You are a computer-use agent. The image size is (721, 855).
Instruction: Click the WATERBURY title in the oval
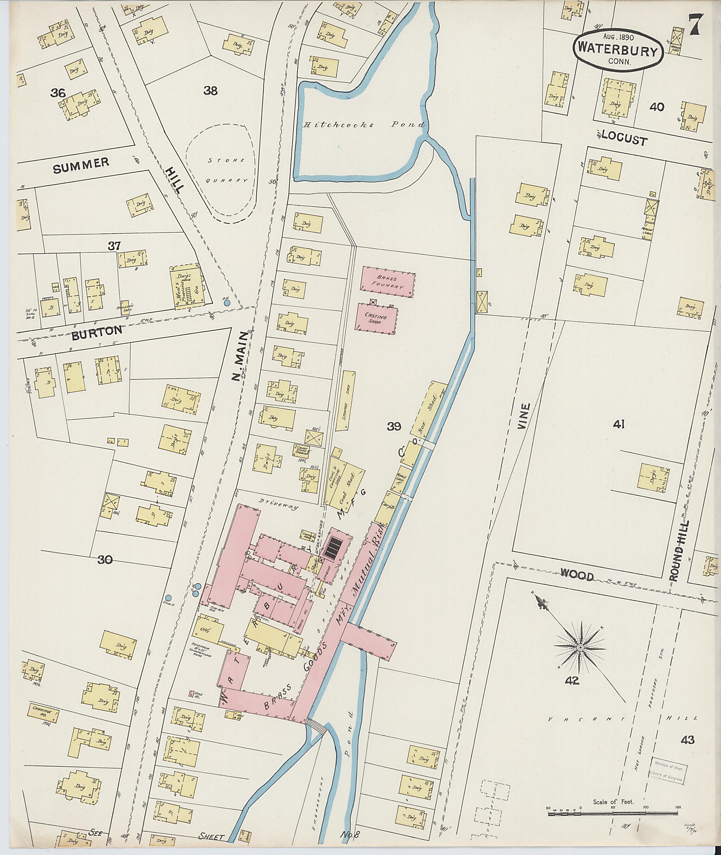pyautogui.click(x=617, y=51)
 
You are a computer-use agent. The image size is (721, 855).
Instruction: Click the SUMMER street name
pyautogui.click(x=81, y=165)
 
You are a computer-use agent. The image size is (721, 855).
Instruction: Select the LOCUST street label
pyautogui.click(x=624, y=140)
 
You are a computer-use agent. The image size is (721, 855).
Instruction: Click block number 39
pyautogui.click(x=394, y=427)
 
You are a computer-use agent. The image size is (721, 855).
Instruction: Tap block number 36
pyautogui.click(x=58, y=93)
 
